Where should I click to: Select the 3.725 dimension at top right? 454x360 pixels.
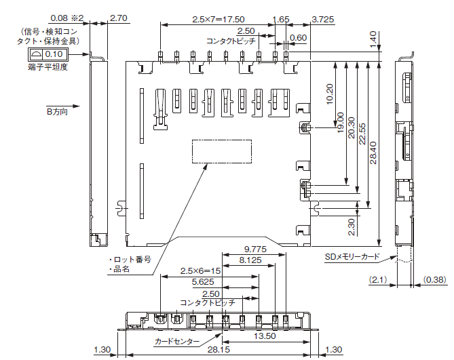tap(323, 19)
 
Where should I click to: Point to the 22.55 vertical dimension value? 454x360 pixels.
tap(362, 134)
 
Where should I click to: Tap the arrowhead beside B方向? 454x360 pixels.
tap(79, 106)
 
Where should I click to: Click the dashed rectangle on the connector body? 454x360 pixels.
tap(221, 151)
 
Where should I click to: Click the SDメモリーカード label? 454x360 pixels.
tap(352, 258)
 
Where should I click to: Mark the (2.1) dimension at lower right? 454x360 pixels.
tap(378, 279)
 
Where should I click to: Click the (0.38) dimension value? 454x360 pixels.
tap(435, 279)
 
